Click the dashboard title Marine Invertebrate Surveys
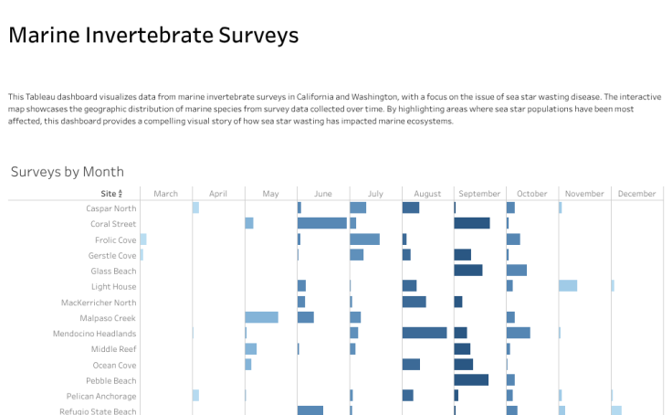[x=153, y=36]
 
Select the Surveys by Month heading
[x=68, y=172]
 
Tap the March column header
[x=166, y=194]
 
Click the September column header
[x=479, y=194]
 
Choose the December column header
[x=636, y=194]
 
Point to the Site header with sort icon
[x=110, y=194]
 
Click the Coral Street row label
[x=113, y=224]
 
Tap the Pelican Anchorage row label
[x=101, y=397]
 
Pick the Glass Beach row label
[x=113, y=271]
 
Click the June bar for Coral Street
[x=322, y=223]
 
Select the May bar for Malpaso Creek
[x=261, y=317]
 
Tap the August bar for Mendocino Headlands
[x=425, y=333]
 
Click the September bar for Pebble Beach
[x=471, y=380]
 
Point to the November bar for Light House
[x=568, y=286]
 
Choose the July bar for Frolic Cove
[x=364, y=239]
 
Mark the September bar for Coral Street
[x=472, y=223]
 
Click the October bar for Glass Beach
[x=517, y=271]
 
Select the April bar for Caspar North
[x=195, y=207]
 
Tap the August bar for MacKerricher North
[x=415, y=302]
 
